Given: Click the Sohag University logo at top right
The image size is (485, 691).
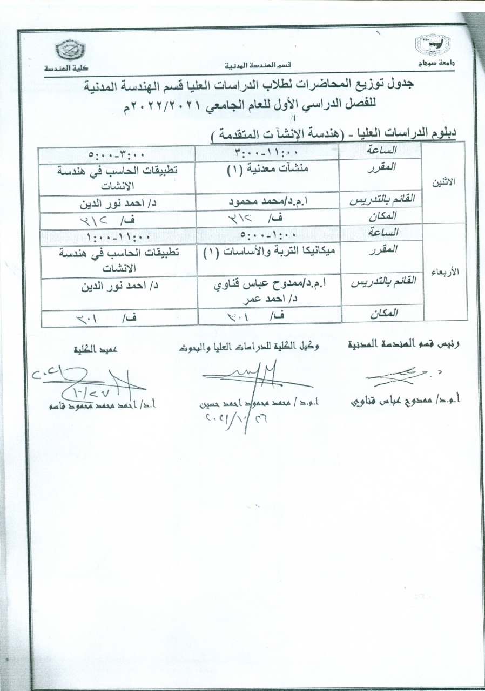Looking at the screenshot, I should click(x=435, y=48).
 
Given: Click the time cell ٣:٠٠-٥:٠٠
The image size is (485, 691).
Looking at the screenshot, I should click(x=117, y=153).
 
